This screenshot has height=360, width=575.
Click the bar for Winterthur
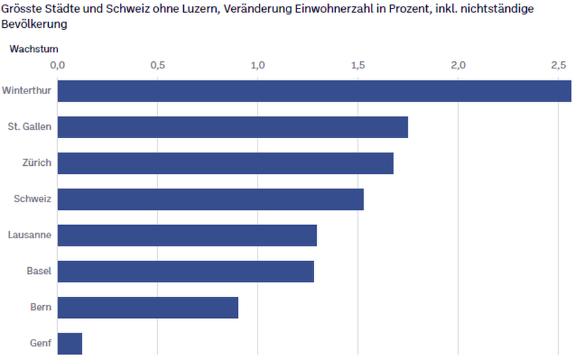pyautogui.click(x=314, y=91)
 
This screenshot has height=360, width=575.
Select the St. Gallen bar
pyautogui.click(x=233, y=127)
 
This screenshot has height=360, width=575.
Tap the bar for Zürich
pyautogui.click(x=225, y=163)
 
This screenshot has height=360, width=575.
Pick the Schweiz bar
pyautogui.click(x=211, y=199)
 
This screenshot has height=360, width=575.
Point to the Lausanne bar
pyautogui.click(x=187, y=235)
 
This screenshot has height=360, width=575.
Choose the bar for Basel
pyautogui.click(x=186, y=271)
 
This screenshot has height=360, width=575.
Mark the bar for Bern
pyautogui.click(x=148, y=307)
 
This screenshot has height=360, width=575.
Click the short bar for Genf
pyautogui.click(x=70, y=344)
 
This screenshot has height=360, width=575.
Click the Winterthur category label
pyautogui.click(x=26, y=91)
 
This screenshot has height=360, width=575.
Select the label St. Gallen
pyautogui.click(x=30, y=127)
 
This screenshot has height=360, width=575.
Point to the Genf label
pyautogui.click(x=41, y=344)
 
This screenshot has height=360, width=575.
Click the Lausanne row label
pyautogui.click(x=30, y=235)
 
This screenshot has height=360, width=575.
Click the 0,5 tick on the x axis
pyautogui.click(x=157, y=65)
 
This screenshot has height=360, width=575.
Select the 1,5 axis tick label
pyautogui.click(x=358, y=65)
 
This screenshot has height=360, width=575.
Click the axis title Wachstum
pyautogui.click(x=34, y=49)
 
